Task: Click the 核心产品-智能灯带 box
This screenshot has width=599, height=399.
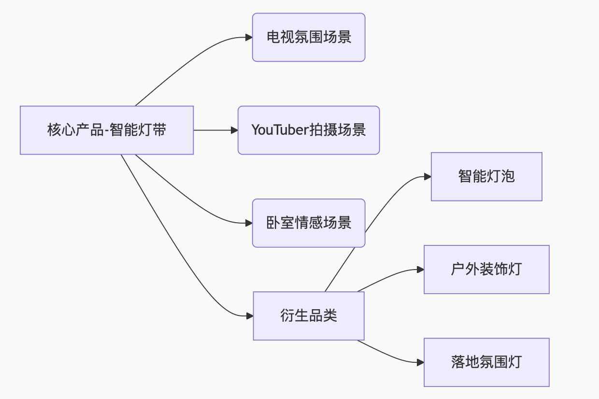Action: pyautogui.click(x=106, y=130)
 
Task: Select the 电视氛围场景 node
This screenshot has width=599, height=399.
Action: pyautogui.click(x=308, y=37)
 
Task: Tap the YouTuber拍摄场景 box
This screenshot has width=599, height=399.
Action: pyautogui.click(x=308, y=130)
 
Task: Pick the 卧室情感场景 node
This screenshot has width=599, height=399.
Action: pyautogui.click(x=308, y=223)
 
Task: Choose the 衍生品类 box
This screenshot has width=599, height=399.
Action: pyautogui.click(x=308, y=315)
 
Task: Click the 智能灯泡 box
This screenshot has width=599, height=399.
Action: pyautogui.click(x=486, y=176)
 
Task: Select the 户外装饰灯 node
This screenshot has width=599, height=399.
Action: pyautogui.click(x=486, y=269)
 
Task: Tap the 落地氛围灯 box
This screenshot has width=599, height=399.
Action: pyautogui.click(x=486, y=362)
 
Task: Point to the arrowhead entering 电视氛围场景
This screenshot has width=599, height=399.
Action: pyautogui.click(x=249, y=37)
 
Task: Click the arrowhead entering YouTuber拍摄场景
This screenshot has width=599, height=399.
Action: pyautogui.click(x=234, y=130)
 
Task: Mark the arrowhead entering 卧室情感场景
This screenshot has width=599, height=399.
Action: pyautogui.click(x=249, y=223)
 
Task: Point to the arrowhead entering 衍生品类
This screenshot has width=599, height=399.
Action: pyautogui.click(x=250, y=316)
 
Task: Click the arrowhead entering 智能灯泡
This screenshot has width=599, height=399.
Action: pyautogui.click(x=428, y=177)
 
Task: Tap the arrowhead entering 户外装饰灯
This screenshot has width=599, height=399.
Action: pyautogui.click(x=420, y=270)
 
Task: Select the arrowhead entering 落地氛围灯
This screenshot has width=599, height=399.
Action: pyautogui.click(x=420, y=362)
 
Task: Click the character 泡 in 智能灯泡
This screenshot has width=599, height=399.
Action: pyautogui.click(x=508, y=176)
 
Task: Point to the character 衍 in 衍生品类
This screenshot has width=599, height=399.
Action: pyautogui.click(x=287, y=315)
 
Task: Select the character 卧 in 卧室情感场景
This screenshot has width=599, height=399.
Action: pyautogui.click(x=273, y=223)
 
